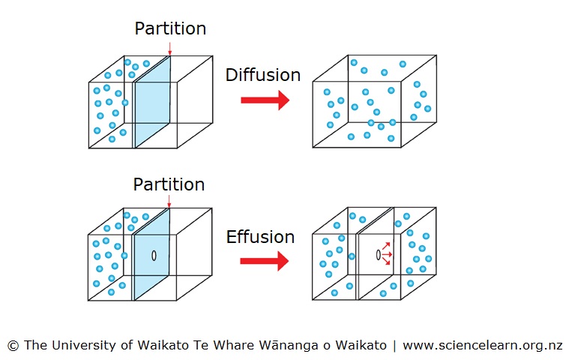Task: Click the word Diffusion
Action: tap(262, 75)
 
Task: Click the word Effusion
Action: tap(260, 237)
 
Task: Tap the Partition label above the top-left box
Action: tap(170, 29)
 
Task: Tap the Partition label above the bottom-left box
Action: tap(169, 184)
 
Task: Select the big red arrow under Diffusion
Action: tap(265, 100)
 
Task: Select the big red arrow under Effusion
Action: tap(265, 261)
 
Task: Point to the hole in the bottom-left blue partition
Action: tap(154, 255)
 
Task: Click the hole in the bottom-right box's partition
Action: tap(378, 255)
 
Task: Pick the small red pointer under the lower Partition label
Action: tap(170, 203)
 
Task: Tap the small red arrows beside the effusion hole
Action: tap(388, 254)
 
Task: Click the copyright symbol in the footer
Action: tap(13, 346)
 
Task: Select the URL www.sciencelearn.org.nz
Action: tap(483, 346)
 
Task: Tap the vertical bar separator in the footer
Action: tap(395, 346)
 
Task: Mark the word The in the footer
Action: tap(35, 346)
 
